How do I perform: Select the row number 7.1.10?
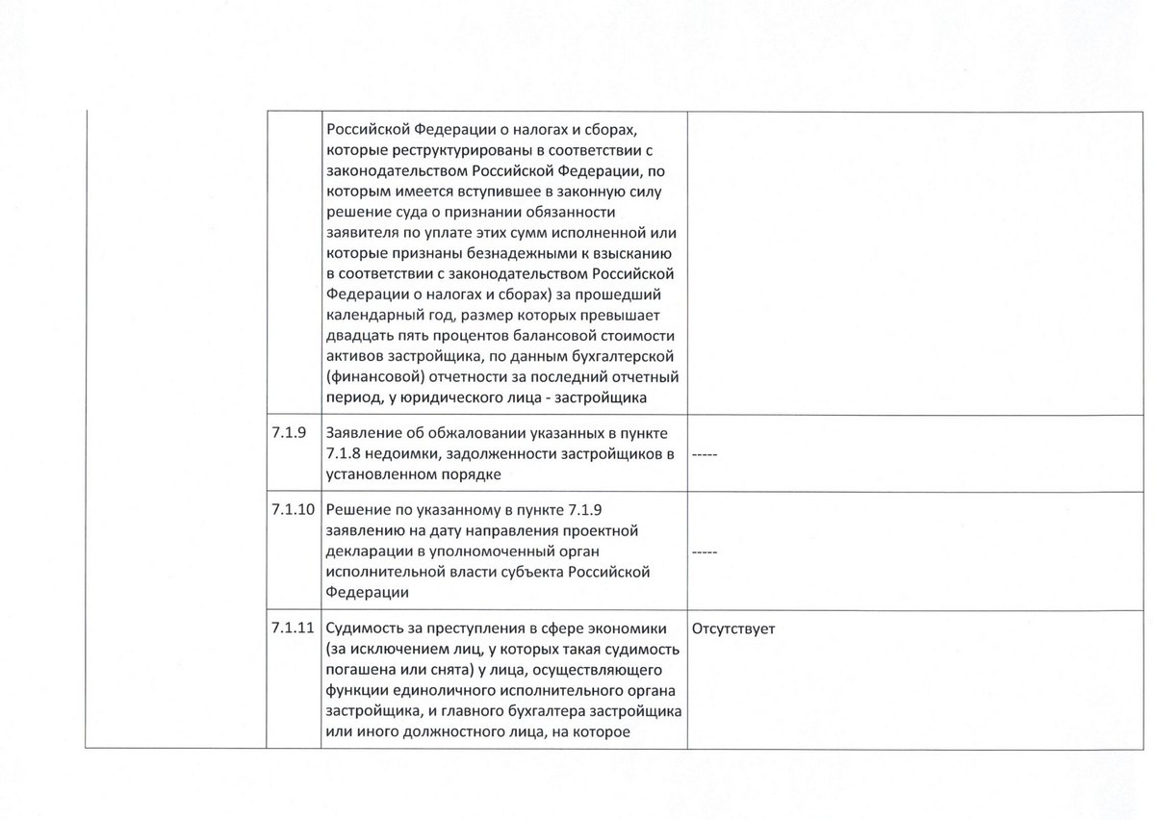point(294,511)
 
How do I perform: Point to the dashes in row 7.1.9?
point(706,454)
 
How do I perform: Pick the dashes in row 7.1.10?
point(706,551)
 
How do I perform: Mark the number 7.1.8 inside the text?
point(346,454)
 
